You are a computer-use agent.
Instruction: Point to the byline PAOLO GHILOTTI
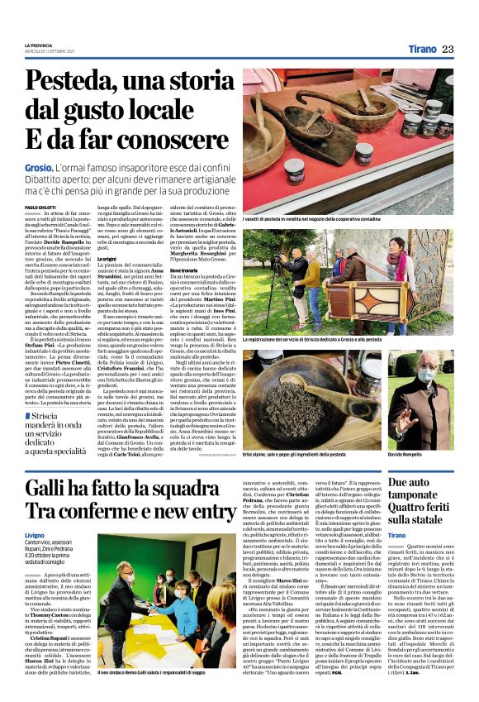(x=40, y=207)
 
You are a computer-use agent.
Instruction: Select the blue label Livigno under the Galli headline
(x=36, y=535)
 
